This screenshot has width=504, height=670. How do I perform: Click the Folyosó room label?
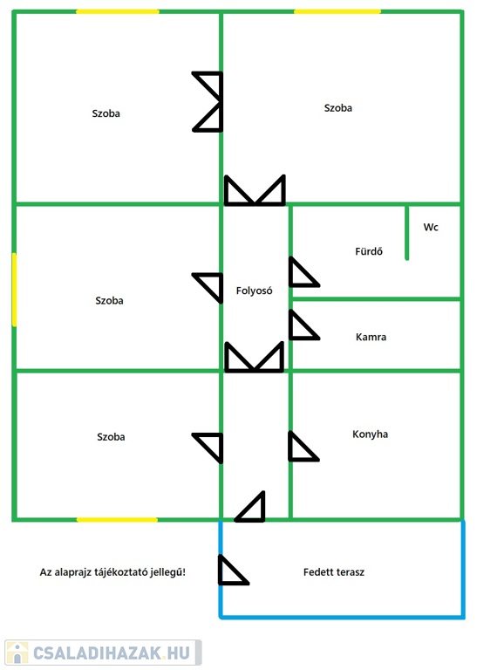[x=254, y=291]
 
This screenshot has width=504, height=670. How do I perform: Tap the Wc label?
[x=431, y=227]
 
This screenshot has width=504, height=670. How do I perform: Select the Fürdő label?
[x=369, y=251]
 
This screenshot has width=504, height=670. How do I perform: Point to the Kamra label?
[x=371, y=337]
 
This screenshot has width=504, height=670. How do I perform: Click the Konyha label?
[x=370, y=434]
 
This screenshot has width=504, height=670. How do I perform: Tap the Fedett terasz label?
[x=334, y=571]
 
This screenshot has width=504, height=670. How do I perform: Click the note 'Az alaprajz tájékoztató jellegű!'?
[x=112, y=572]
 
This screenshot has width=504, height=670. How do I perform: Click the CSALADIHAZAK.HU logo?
[x=103, y=653]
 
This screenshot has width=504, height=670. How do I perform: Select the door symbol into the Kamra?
[x=304, y=325]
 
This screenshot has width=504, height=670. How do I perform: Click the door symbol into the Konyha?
[x=303, y=447]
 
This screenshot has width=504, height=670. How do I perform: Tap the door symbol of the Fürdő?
[x=304, y=272]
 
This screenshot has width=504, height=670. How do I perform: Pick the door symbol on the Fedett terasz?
[x=233, y=570]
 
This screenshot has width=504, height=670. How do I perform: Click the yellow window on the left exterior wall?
[x=14, y=290]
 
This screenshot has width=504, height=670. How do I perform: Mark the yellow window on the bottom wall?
[x=117, y=520]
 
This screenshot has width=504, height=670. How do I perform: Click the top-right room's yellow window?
[x=337, y=11]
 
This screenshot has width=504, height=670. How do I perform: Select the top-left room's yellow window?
[x=118, y=11]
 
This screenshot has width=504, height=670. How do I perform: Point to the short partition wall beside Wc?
[x=406, y=232]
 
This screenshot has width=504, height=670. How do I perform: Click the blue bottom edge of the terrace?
[x=342, y=617]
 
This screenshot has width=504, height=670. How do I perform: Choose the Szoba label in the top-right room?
[x=337, y=107]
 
